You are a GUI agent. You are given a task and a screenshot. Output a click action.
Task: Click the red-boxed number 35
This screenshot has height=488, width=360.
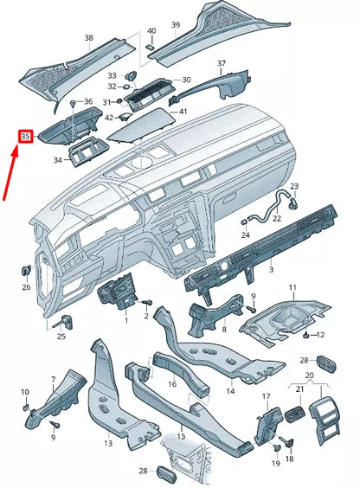tap(25, 136)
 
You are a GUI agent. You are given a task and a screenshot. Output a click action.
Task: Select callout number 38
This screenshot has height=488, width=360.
tap(88, 39)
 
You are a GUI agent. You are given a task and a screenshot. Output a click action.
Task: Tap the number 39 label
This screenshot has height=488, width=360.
tap(176, 26)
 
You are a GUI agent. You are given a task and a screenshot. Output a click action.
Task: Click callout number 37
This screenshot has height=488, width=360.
tap(221, 64)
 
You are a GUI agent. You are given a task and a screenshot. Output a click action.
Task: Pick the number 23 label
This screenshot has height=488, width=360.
tap(294, 186)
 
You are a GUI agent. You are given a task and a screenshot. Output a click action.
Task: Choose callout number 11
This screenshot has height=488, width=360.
tap(292, 286)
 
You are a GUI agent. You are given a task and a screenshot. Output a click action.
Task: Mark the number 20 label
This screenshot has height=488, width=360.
tap(310, 376)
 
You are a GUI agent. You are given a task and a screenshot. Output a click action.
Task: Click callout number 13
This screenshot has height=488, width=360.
tap(107, 443)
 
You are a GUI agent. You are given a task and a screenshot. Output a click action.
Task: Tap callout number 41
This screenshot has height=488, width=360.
tap(183, 112)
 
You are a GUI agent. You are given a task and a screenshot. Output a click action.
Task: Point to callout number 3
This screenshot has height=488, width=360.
tap(270, 270)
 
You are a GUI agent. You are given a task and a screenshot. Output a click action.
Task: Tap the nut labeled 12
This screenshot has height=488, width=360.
tap(308, 334)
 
